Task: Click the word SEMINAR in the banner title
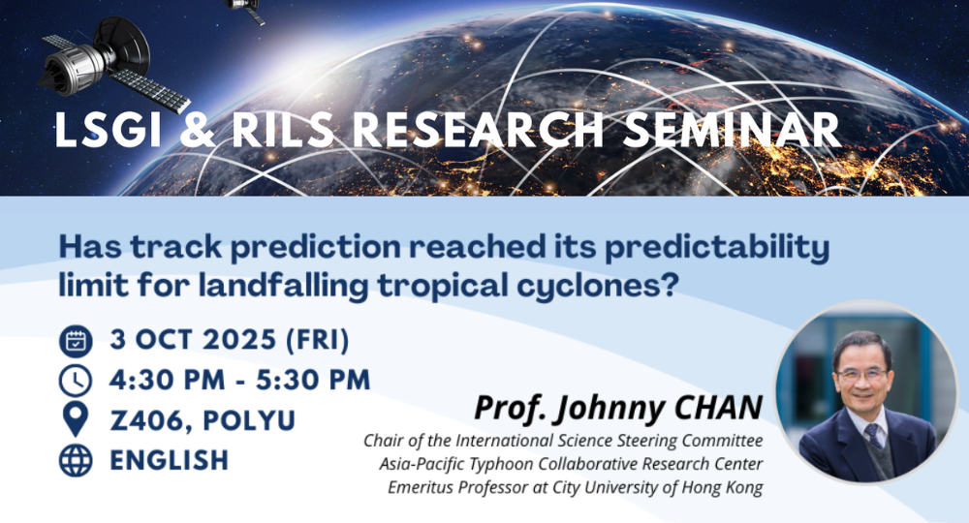click(732, 130)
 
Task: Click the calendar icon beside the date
click(76, 341)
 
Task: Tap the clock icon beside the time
click(76, 381)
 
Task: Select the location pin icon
click(76, 419)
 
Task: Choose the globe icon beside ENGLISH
click(76, 461)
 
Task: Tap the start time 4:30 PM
click(167, 380)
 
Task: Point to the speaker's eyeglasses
click(862, 374)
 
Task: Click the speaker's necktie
click(874, 435)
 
